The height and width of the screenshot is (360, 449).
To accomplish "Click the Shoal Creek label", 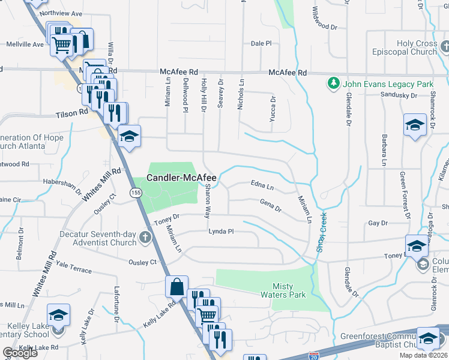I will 321,232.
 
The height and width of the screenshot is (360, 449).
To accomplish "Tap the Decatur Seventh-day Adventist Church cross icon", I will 145,238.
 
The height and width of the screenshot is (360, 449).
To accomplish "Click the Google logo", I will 20,353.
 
